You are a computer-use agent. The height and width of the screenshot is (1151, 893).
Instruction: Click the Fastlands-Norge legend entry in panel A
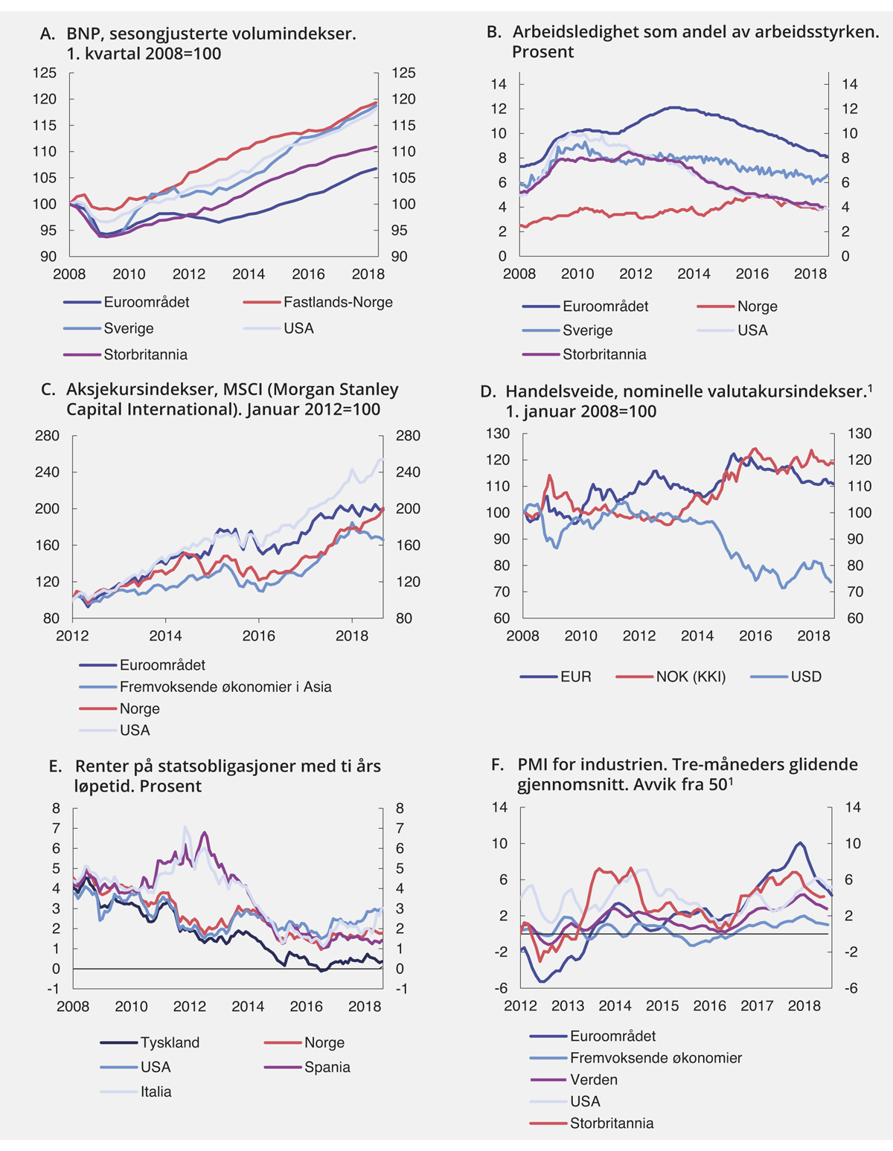click(338, 302)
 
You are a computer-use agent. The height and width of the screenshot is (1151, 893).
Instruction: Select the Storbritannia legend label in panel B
click(604, 354)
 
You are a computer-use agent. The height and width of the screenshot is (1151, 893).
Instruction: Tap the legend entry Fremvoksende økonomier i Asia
click(225, 687)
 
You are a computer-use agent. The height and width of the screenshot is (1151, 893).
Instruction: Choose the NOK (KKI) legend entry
click(690, 676)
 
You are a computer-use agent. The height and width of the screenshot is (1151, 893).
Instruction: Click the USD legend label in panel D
click(806, 676)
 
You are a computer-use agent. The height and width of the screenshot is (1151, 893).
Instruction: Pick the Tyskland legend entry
click(170, 1042)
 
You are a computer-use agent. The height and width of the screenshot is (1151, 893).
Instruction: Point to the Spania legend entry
click(327, 1067)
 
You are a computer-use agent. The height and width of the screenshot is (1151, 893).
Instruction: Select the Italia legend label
click(156, 1091)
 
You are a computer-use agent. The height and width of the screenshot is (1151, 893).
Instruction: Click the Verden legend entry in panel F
click(593, 1080)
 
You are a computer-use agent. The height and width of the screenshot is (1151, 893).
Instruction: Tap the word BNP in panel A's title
click(82, 33)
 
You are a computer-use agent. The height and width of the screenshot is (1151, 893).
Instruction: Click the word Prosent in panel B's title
click(542, 52)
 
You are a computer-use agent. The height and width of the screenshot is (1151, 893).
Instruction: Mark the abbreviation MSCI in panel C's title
click(243, 390)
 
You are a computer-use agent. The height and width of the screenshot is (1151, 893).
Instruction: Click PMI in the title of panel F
click(534, 765)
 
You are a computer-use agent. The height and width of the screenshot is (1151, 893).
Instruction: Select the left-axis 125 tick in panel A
click(44, 73)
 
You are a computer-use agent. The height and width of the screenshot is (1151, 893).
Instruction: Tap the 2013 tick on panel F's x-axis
click(567, 1006)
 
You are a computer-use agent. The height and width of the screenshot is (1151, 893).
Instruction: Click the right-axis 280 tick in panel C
click(408, 435)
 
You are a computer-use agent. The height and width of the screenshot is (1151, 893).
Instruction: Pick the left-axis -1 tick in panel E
click(54, 989)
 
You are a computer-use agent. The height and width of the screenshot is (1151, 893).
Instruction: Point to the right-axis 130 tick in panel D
click(860, 434)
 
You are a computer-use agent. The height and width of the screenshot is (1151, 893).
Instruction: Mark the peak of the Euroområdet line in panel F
click(800, 842)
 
